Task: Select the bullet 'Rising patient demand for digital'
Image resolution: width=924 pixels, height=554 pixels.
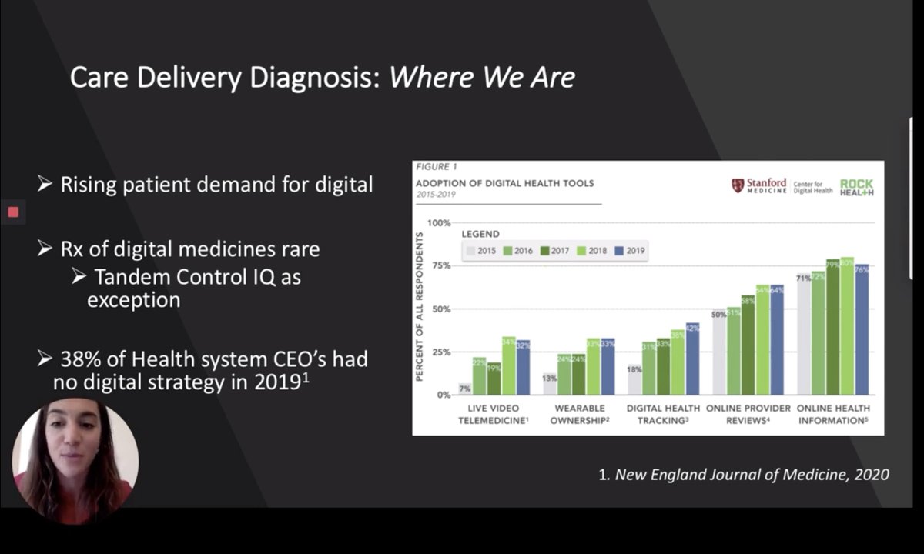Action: coord(216,185)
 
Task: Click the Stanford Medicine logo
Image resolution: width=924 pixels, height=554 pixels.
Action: coord(758,186)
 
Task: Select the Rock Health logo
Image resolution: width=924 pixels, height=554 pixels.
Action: coord(856,188)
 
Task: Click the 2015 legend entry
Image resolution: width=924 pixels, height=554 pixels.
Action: coord(480,250)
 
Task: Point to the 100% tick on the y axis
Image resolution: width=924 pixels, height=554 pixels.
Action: coord(437,223)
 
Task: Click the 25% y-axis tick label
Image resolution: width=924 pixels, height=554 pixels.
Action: coord(439,352)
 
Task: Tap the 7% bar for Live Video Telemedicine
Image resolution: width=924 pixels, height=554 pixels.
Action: coord(465,389)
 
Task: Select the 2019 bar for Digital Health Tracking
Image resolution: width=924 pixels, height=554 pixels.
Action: coord(692,359)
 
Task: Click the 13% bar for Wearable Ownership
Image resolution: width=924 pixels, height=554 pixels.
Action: coord(550,384)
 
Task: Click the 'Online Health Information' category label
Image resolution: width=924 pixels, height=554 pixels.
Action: coord(833,415)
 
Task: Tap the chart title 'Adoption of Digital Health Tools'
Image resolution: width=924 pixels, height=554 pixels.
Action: coord(504,183)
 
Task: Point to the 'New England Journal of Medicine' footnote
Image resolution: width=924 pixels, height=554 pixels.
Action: coord(743,475)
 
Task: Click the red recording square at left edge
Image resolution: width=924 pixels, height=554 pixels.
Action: coord(12,212)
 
